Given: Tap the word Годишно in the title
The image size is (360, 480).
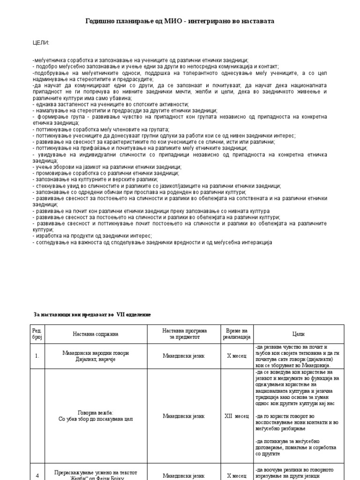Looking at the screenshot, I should (x=100, y=21).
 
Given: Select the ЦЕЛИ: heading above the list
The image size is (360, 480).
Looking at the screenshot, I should (x=41, y=43).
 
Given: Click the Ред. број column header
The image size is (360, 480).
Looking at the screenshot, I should (x=37, y=334).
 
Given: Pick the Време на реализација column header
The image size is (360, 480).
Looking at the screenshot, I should (x=236, y=334).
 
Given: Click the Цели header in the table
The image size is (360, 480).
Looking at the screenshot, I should (x=298, y=334).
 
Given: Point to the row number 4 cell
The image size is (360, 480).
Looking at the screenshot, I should (x=37, y=475).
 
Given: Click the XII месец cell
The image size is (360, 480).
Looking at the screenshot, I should (x=236, y=416).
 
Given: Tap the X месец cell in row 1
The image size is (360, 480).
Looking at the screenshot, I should (x=236, y=356).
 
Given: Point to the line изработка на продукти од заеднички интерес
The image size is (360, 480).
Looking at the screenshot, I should (x=93, y=236).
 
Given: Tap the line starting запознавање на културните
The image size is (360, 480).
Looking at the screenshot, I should (x=96, y=180).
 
